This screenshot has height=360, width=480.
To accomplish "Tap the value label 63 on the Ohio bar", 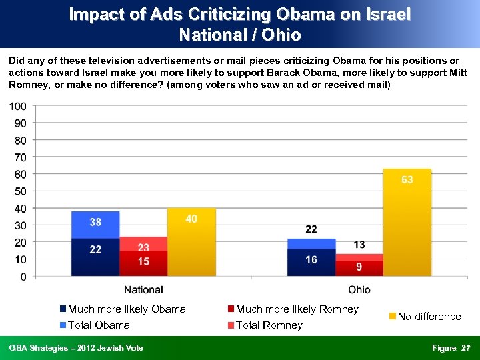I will pyautogui.click(x=407, y=180).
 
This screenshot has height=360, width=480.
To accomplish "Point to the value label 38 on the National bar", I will pyautogui.click(x=95, y=222).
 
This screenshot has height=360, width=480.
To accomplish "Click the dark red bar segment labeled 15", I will pyautogui.click(x=143, y=262).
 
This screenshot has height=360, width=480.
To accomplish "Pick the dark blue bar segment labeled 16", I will pyautogui.click(x=311, y=260).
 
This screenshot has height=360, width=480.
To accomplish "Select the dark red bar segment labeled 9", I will pyautogui.click(x=359, y=267).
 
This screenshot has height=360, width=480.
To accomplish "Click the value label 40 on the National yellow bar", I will pyautogui.click(x=191, y=219).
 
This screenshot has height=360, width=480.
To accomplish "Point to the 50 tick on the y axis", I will pyautogui.click(x=21, y=191).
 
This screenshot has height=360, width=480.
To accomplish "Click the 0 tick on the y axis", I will pyautogui.click(x=23, y=276).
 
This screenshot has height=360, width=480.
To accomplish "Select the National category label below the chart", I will pyautogui.click(x=143, y=290).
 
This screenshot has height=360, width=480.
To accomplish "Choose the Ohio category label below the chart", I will pyautogui.click(x=359, y=290).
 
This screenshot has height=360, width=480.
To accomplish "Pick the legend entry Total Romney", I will pyautogui.click(x=269, y=325).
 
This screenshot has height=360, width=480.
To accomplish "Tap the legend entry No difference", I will pyautogui.click(x=429, y=317).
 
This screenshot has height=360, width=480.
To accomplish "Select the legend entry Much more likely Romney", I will pyautogui.click(x=297, y=309).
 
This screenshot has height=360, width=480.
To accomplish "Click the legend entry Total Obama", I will pyautogui.click(x=99, y=325).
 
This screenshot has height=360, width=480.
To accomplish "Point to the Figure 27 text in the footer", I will pyautogui.click(x=451, y=349).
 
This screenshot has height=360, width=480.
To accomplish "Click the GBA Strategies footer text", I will pyautogui.click(x=76, y=349).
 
